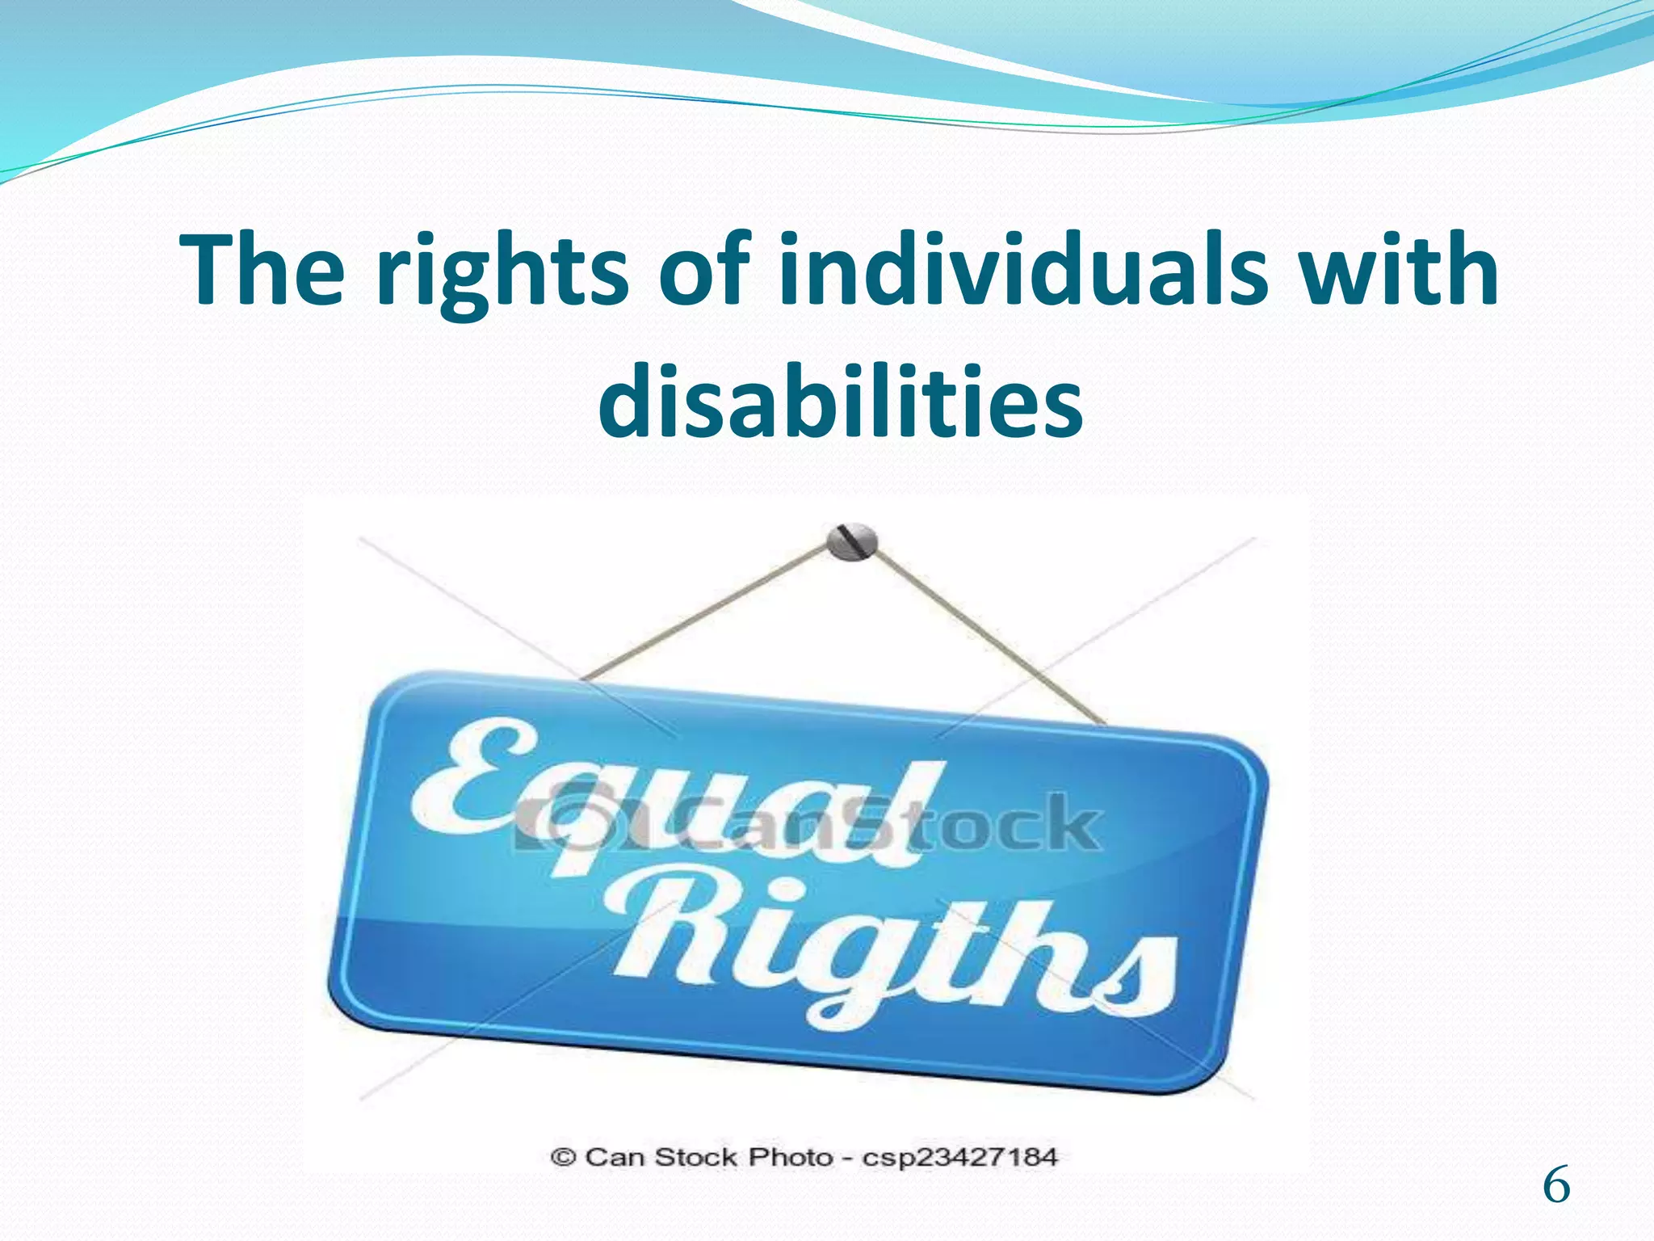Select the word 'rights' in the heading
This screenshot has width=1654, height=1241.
502,275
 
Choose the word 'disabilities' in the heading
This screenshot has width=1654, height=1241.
840,401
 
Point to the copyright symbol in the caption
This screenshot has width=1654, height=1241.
563,1157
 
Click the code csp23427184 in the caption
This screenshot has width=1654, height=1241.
959,1157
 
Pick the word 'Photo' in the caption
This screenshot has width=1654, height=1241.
791,1157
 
